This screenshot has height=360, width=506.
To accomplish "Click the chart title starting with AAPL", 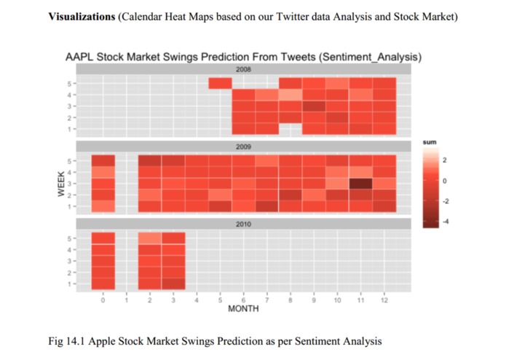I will (243, 56).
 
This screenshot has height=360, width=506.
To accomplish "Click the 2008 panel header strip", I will (243, 69).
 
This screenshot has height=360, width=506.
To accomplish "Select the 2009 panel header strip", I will (243, 147).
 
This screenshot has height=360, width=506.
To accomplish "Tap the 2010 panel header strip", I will (243, 224).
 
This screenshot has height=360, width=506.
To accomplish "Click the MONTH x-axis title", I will (243, 309).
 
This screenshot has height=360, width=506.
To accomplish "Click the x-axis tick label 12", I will (384, 300).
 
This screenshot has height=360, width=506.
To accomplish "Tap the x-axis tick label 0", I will (103, 300).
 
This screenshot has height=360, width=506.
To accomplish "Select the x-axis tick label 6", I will (243, 300).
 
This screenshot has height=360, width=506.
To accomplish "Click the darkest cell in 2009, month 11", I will (360, 183).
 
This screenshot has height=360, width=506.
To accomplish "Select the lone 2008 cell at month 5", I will (220, 83).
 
